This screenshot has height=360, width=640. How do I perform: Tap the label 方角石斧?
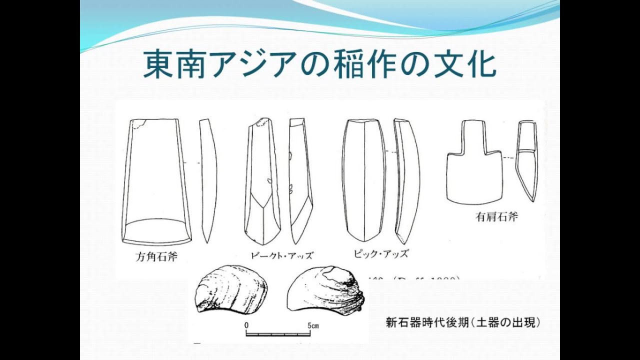point(156,257)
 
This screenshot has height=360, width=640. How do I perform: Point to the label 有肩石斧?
point(496,217)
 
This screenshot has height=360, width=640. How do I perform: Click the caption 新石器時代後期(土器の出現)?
point(463,322)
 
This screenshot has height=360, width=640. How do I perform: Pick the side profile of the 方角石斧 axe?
point(208,180)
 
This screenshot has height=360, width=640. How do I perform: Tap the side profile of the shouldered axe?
point(527,160)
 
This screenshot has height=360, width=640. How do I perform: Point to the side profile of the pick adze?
point(406,180)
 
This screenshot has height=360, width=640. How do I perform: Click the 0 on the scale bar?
point(247,325)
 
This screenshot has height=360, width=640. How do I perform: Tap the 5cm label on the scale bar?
point(313,325)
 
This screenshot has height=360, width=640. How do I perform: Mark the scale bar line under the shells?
point(279,333)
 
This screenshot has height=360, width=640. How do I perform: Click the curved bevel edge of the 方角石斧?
point(156,222)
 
